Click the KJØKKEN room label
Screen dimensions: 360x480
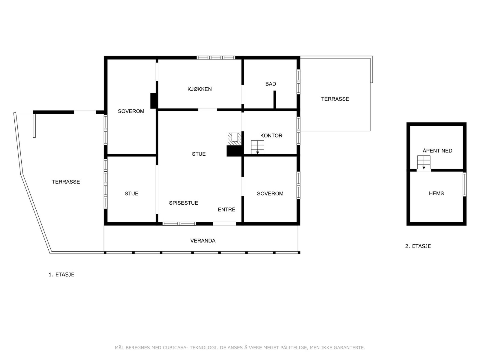pos(199,89)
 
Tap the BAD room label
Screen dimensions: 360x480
pos(271,84)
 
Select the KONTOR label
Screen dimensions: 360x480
pos(271,136)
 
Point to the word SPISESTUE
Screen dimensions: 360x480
pos(184,203)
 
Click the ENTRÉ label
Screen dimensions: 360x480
pos(226,210)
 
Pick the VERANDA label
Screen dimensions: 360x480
pos(203,241)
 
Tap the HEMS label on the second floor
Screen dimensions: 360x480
pos(436,193)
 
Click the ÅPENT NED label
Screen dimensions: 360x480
pos(437,151)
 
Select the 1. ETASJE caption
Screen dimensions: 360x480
pos(61,274)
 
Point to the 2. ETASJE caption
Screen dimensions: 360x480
pos(418,246)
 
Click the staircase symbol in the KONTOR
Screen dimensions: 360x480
pos(257,147)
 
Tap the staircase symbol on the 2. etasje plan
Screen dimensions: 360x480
pos(424,163)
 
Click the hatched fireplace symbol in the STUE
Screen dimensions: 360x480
pos(234,139)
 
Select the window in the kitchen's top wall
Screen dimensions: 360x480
pos(216,58)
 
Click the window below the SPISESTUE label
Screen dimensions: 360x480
pos(179,223)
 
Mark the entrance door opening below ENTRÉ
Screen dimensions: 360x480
pos(224,223)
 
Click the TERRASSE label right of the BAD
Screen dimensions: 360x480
pos(335,99)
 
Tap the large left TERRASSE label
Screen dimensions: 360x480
pos(66,182)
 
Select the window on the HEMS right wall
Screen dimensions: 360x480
pos(464,184)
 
